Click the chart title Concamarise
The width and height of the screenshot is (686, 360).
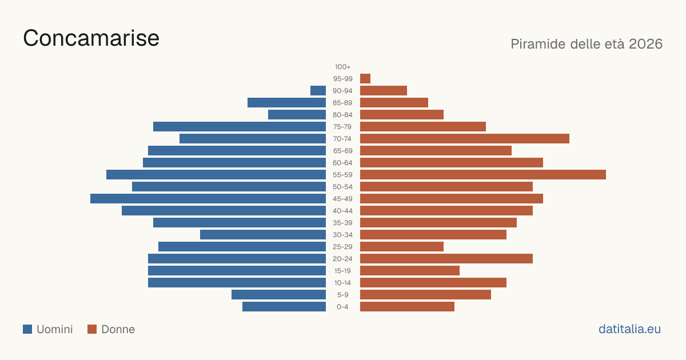[x=91, y=38]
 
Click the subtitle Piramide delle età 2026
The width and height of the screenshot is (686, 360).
[x=587, y=44]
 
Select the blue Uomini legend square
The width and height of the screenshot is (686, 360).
[x=27, y=329]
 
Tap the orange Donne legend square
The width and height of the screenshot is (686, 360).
[x=92, y=329]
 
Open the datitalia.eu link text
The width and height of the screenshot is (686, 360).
[x=629, y=329]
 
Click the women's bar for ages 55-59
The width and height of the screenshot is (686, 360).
[x=483, y=174]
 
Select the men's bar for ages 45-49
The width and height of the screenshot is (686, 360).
[x=208, y=199]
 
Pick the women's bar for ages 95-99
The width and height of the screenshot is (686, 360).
[x=365, y=79]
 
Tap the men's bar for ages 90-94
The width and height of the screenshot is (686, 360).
[x=318, y=91]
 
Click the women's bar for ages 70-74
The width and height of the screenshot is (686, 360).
[x=465, y=139]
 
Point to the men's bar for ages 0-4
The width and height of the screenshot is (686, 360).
[x=284, y=307]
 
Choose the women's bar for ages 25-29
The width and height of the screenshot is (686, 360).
[x=402, y=247]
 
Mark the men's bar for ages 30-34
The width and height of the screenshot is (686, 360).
[x=263, y=235]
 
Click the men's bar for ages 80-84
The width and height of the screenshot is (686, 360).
[x=297, y=115]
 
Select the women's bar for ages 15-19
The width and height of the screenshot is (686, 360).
[x=410, y=271]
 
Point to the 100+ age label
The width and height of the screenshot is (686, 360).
[x=342, y=67]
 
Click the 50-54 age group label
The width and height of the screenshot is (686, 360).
[x=342, y=187]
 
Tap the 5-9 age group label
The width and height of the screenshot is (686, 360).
[x=342, y=295]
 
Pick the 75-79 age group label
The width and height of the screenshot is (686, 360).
[x=342, y=127]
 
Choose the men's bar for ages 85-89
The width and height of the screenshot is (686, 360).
[x=286, y=102]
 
